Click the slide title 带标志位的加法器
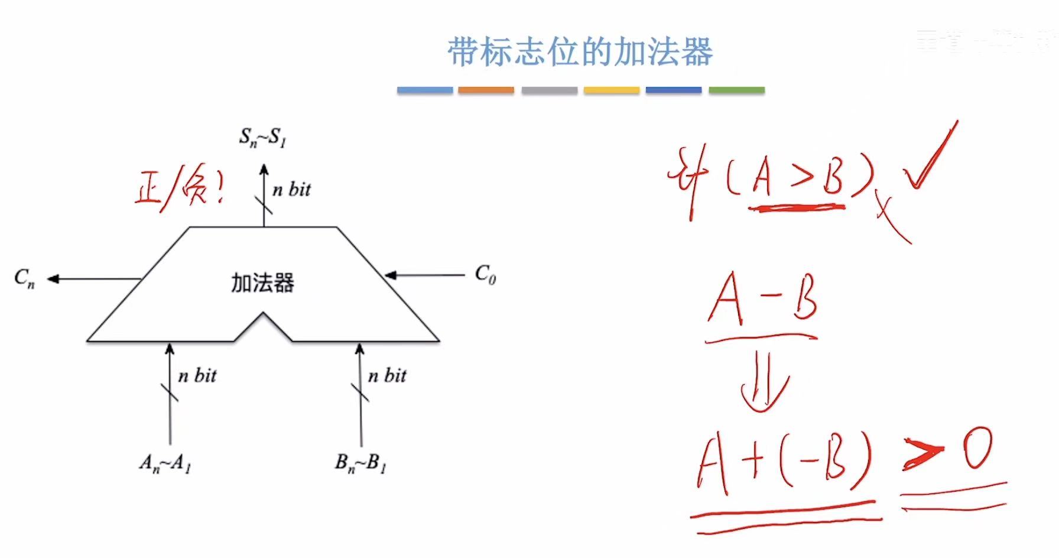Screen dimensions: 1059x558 click(x=580, y=52)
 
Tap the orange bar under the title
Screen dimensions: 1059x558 click(x=486, y=90)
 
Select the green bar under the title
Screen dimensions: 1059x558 click(x=736, y=90)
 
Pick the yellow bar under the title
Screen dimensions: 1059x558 click(x=611, y=90)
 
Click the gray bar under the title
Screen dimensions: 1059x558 click(x=549, y=90)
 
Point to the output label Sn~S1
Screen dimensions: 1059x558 click(x=262, y=137)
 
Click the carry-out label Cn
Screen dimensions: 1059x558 click(x=24, y=278)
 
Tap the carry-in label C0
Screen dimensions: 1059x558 click(x=485, y=274)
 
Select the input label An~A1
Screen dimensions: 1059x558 click(x=165, y=462)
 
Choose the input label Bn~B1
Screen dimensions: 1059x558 click(x=360, y=462)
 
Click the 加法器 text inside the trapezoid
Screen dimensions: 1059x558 click(x=262, y=283)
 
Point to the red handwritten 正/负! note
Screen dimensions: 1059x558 click(x=179, y=188)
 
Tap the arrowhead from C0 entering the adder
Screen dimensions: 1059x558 click(x=390, y=275)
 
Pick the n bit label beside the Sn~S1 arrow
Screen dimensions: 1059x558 click(x=291, y=190)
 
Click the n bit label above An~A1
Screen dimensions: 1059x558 click(x=197, y=376)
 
